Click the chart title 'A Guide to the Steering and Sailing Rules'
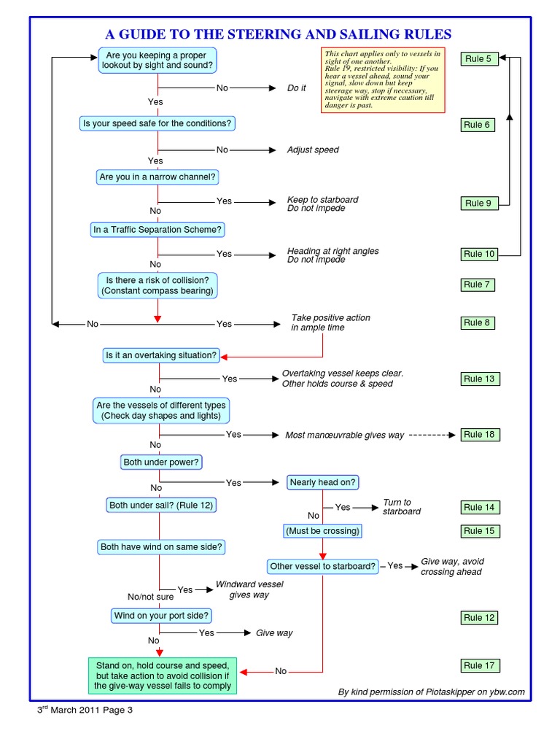click(279, 34)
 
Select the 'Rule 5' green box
click(478, 59)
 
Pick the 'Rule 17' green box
click(478, 665)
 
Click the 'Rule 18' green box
click(478, 434)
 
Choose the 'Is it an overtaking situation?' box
click(160, 356)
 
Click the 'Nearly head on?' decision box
click(323, 482)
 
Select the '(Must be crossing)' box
click(322, 531)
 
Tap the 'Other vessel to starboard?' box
click(323, 566)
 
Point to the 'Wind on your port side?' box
click(161, 616)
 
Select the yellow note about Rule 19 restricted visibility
click(383, 80)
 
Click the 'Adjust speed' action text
click(313, 150)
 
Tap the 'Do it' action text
click(297, 88)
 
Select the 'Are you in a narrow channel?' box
click(158, 177)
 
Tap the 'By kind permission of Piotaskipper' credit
click(431, 692)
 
